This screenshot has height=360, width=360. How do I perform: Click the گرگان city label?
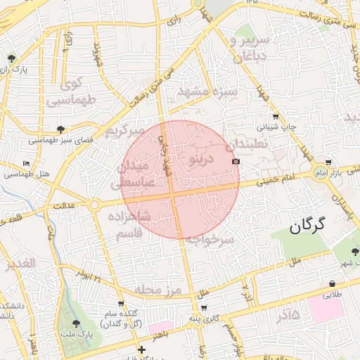[x=309, y=225]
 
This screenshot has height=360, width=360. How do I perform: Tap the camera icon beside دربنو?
[x=236, y=162]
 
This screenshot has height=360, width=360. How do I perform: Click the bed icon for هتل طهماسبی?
[x=27, y=163]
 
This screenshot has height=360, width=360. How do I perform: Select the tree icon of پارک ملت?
[x=76, y=323]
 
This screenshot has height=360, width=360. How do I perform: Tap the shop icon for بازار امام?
[x=327, y=162]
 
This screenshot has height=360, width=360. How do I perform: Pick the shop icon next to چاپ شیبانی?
[x=275, y=117]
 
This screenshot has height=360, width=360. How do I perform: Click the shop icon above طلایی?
[x=330, y=284]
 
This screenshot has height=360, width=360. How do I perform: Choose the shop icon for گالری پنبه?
[x=204, y=308]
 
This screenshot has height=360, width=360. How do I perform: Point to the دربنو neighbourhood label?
[x=202, y=160]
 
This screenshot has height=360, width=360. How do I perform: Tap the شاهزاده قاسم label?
[x=131, y=223]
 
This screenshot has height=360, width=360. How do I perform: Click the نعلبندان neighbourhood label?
[x=246, y=145]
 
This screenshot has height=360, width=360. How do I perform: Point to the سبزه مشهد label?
[x=207, y=92]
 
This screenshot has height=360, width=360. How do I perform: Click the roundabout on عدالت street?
[x=94, y=205]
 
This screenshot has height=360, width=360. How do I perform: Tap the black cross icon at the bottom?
[x=141, y=349]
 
